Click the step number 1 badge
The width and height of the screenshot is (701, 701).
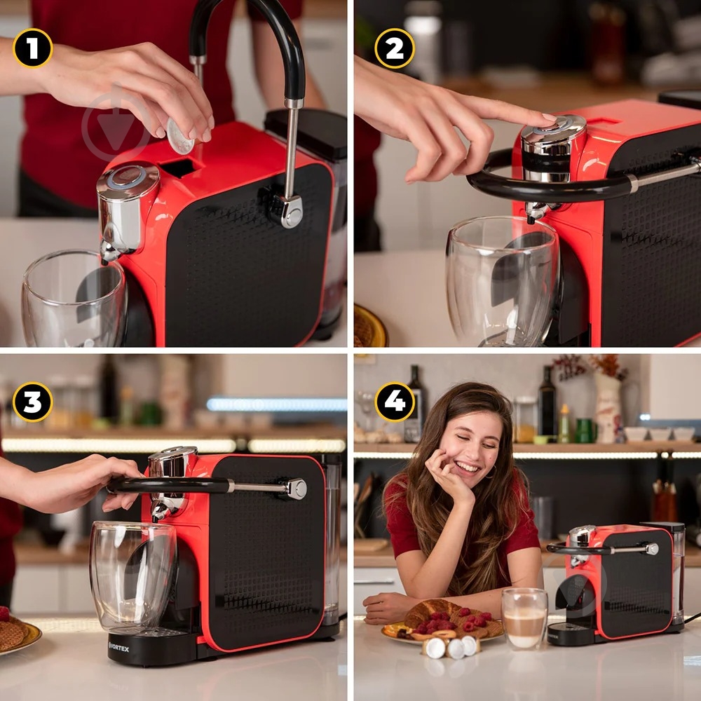(33, 48)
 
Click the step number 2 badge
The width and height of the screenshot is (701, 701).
(395, 48)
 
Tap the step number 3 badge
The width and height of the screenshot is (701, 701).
(33, 402)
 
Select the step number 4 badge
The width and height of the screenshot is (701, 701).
(395, 402)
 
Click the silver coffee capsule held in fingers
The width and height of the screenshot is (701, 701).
(179, 137)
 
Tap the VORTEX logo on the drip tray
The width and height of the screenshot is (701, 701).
(118, 647)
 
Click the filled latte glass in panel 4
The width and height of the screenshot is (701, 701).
(524, 618)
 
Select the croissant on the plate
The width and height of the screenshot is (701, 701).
(429, 612)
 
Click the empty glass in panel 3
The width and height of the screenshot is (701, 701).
(133, 578)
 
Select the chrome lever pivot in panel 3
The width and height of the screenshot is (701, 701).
(296, 488)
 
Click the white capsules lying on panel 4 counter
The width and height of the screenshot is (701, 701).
(451, 647)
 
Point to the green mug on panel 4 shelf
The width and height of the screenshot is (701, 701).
(583, 431)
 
